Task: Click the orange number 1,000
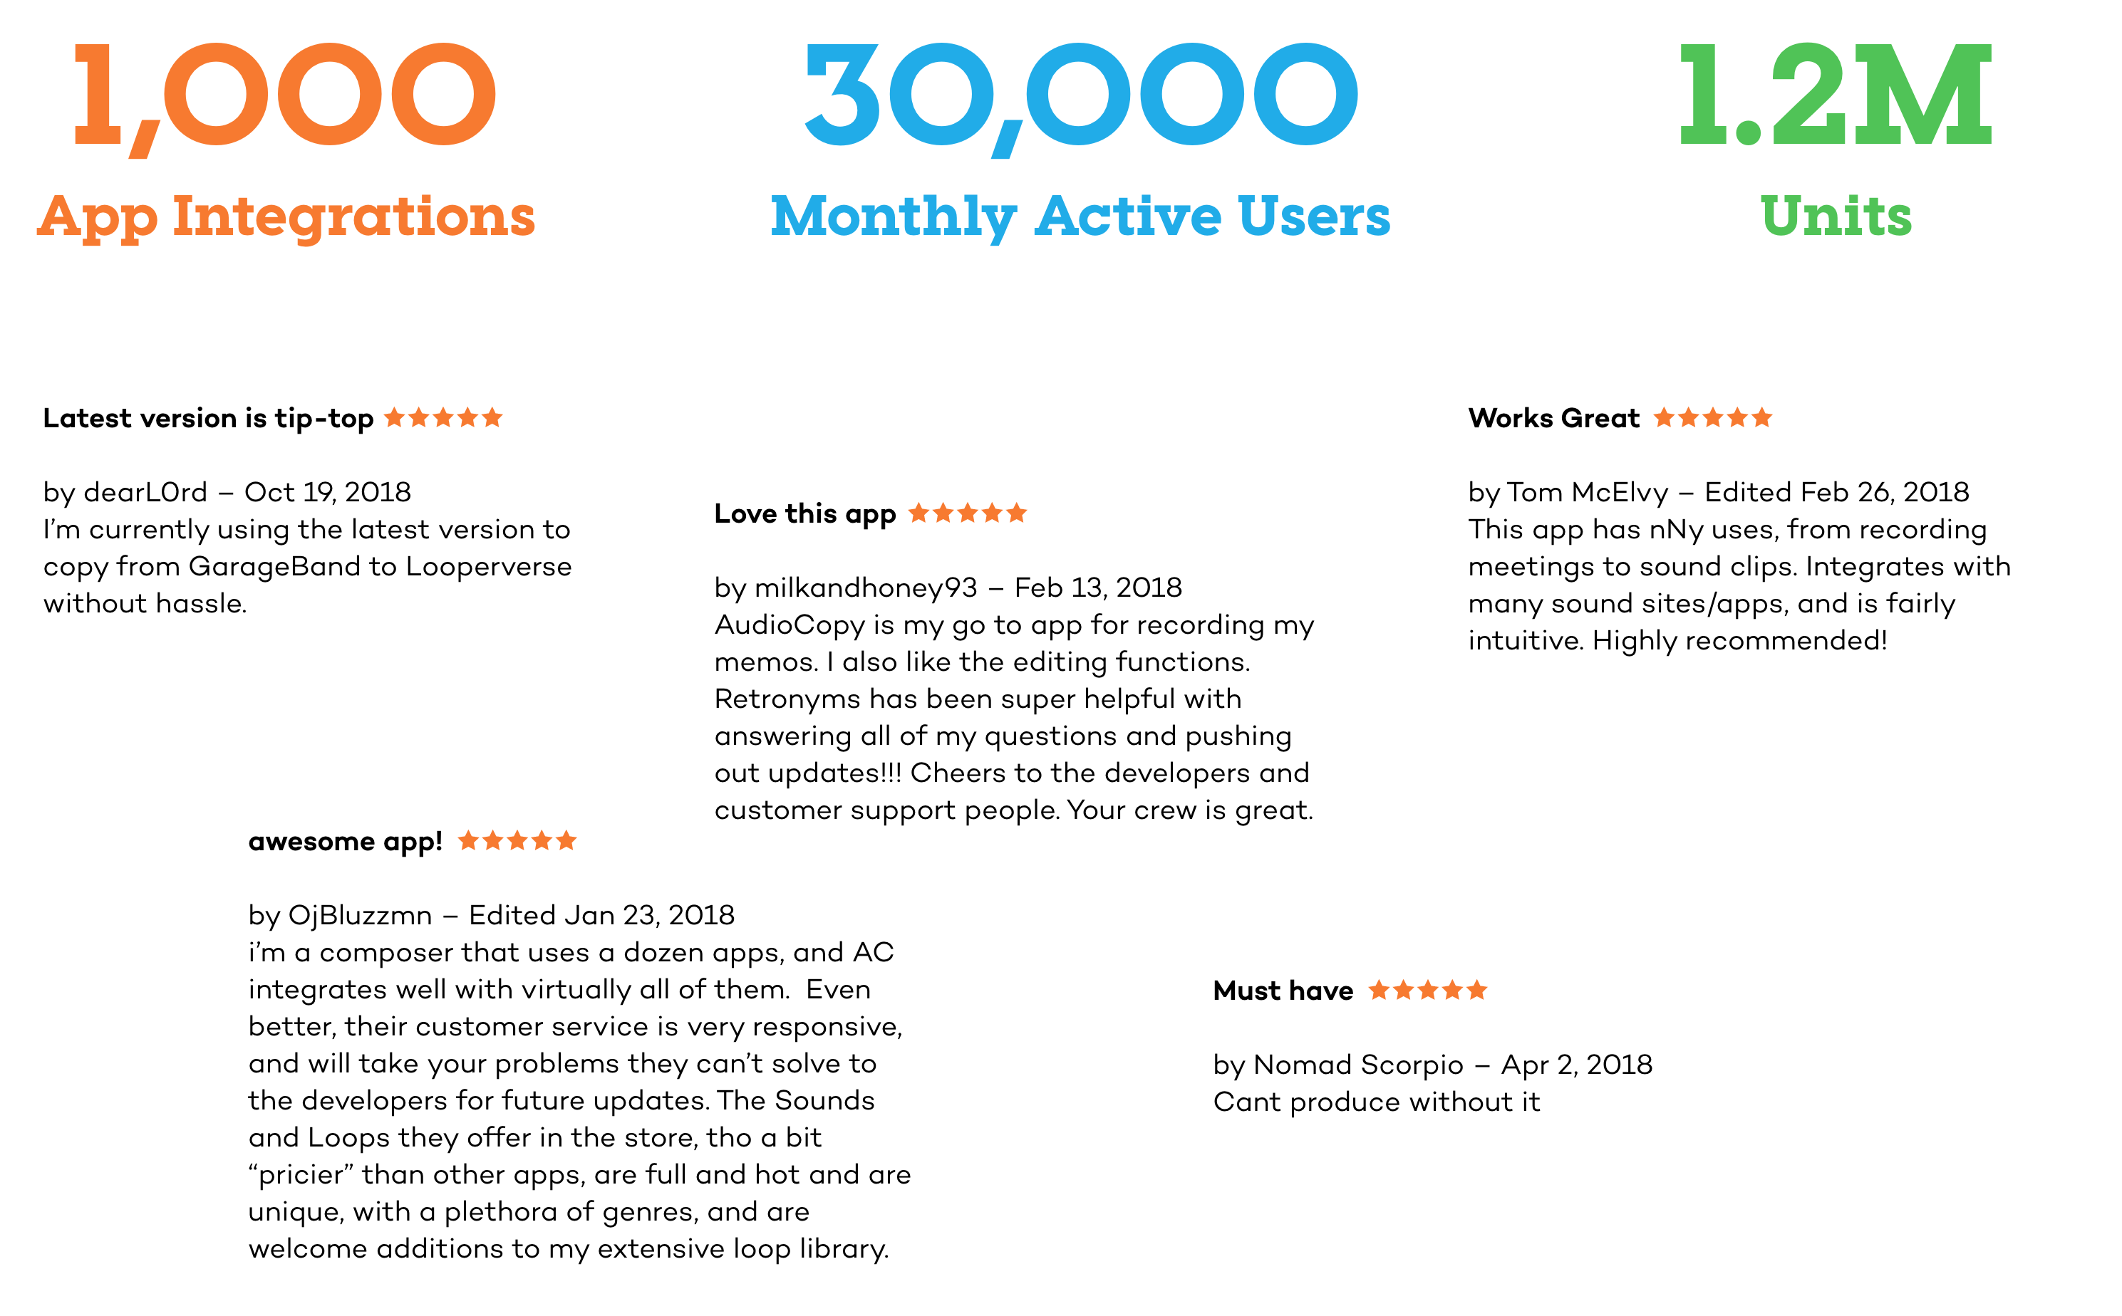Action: pos(285,94)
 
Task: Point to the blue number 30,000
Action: pos(1080,94)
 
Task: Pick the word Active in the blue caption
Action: pos(1127,216)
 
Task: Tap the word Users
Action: pos(1314,216)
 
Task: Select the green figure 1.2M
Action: pos(1836,94)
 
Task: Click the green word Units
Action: pos(1836,216)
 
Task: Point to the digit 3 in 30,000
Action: pos(841,94)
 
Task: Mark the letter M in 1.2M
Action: pos(1922,94)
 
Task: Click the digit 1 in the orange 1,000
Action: pos(98,94)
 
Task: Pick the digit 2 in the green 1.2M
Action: pos(1808,94)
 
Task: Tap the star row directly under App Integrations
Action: pos(443,418)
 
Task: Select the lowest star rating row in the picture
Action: pos(1427,991)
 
